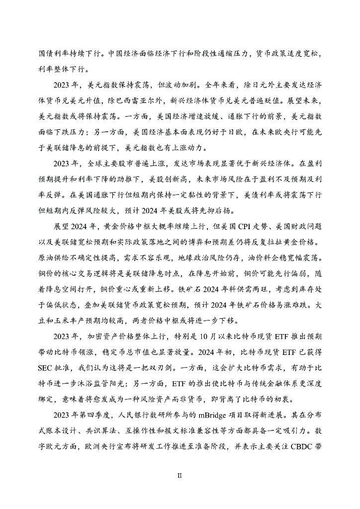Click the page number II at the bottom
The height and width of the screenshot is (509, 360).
click(180, 475)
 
